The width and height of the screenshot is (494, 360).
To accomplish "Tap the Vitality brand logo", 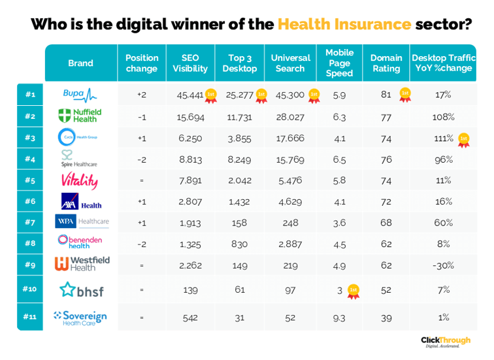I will [x=80, y=180].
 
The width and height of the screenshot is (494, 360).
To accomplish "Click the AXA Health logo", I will [x=81, y=201].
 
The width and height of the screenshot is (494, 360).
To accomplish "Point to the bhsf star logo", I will [x=82, y=289].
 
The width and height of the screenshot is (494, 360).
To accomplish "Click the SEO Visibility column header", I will [x=190, y=63].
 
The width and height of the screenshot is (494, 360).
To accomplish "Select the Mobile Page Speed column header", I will [x=339, y=63].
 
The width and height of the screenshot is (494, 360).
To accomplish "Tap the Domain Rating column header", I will [x=386, y=63].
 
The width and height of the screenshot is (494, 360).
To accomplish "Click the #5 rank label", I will [x=30, y=180].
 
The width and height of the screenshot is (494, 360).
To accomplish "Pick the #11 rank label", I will [x=30, y=317].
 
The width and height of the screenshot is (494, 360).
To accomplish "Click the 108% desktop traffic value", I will [x=443, y=117].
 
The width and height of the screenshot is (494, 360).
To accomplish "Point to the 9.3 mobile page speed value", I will [x=339, y=317].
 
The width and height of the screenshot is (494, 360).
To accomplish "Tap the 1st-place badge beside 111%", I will [x=463, y=139].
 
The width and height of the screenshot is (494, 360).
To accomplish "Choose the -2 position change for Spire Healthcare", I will [x=142, y=159].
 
